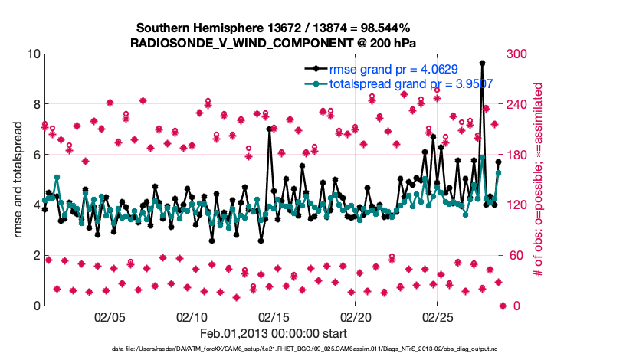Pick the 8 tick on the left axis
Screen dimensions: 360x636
point(35,104)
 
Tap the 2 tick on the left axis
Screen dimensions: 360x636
point(35,255)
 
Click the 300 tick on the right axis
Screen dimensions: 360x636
point(519,54)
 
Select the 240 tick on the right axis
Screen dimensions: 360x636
point(519,104)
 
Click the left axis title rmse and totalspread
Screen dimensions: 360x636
point(17,179)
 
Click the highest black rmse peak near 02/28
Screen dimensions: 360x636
point(482,64)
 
